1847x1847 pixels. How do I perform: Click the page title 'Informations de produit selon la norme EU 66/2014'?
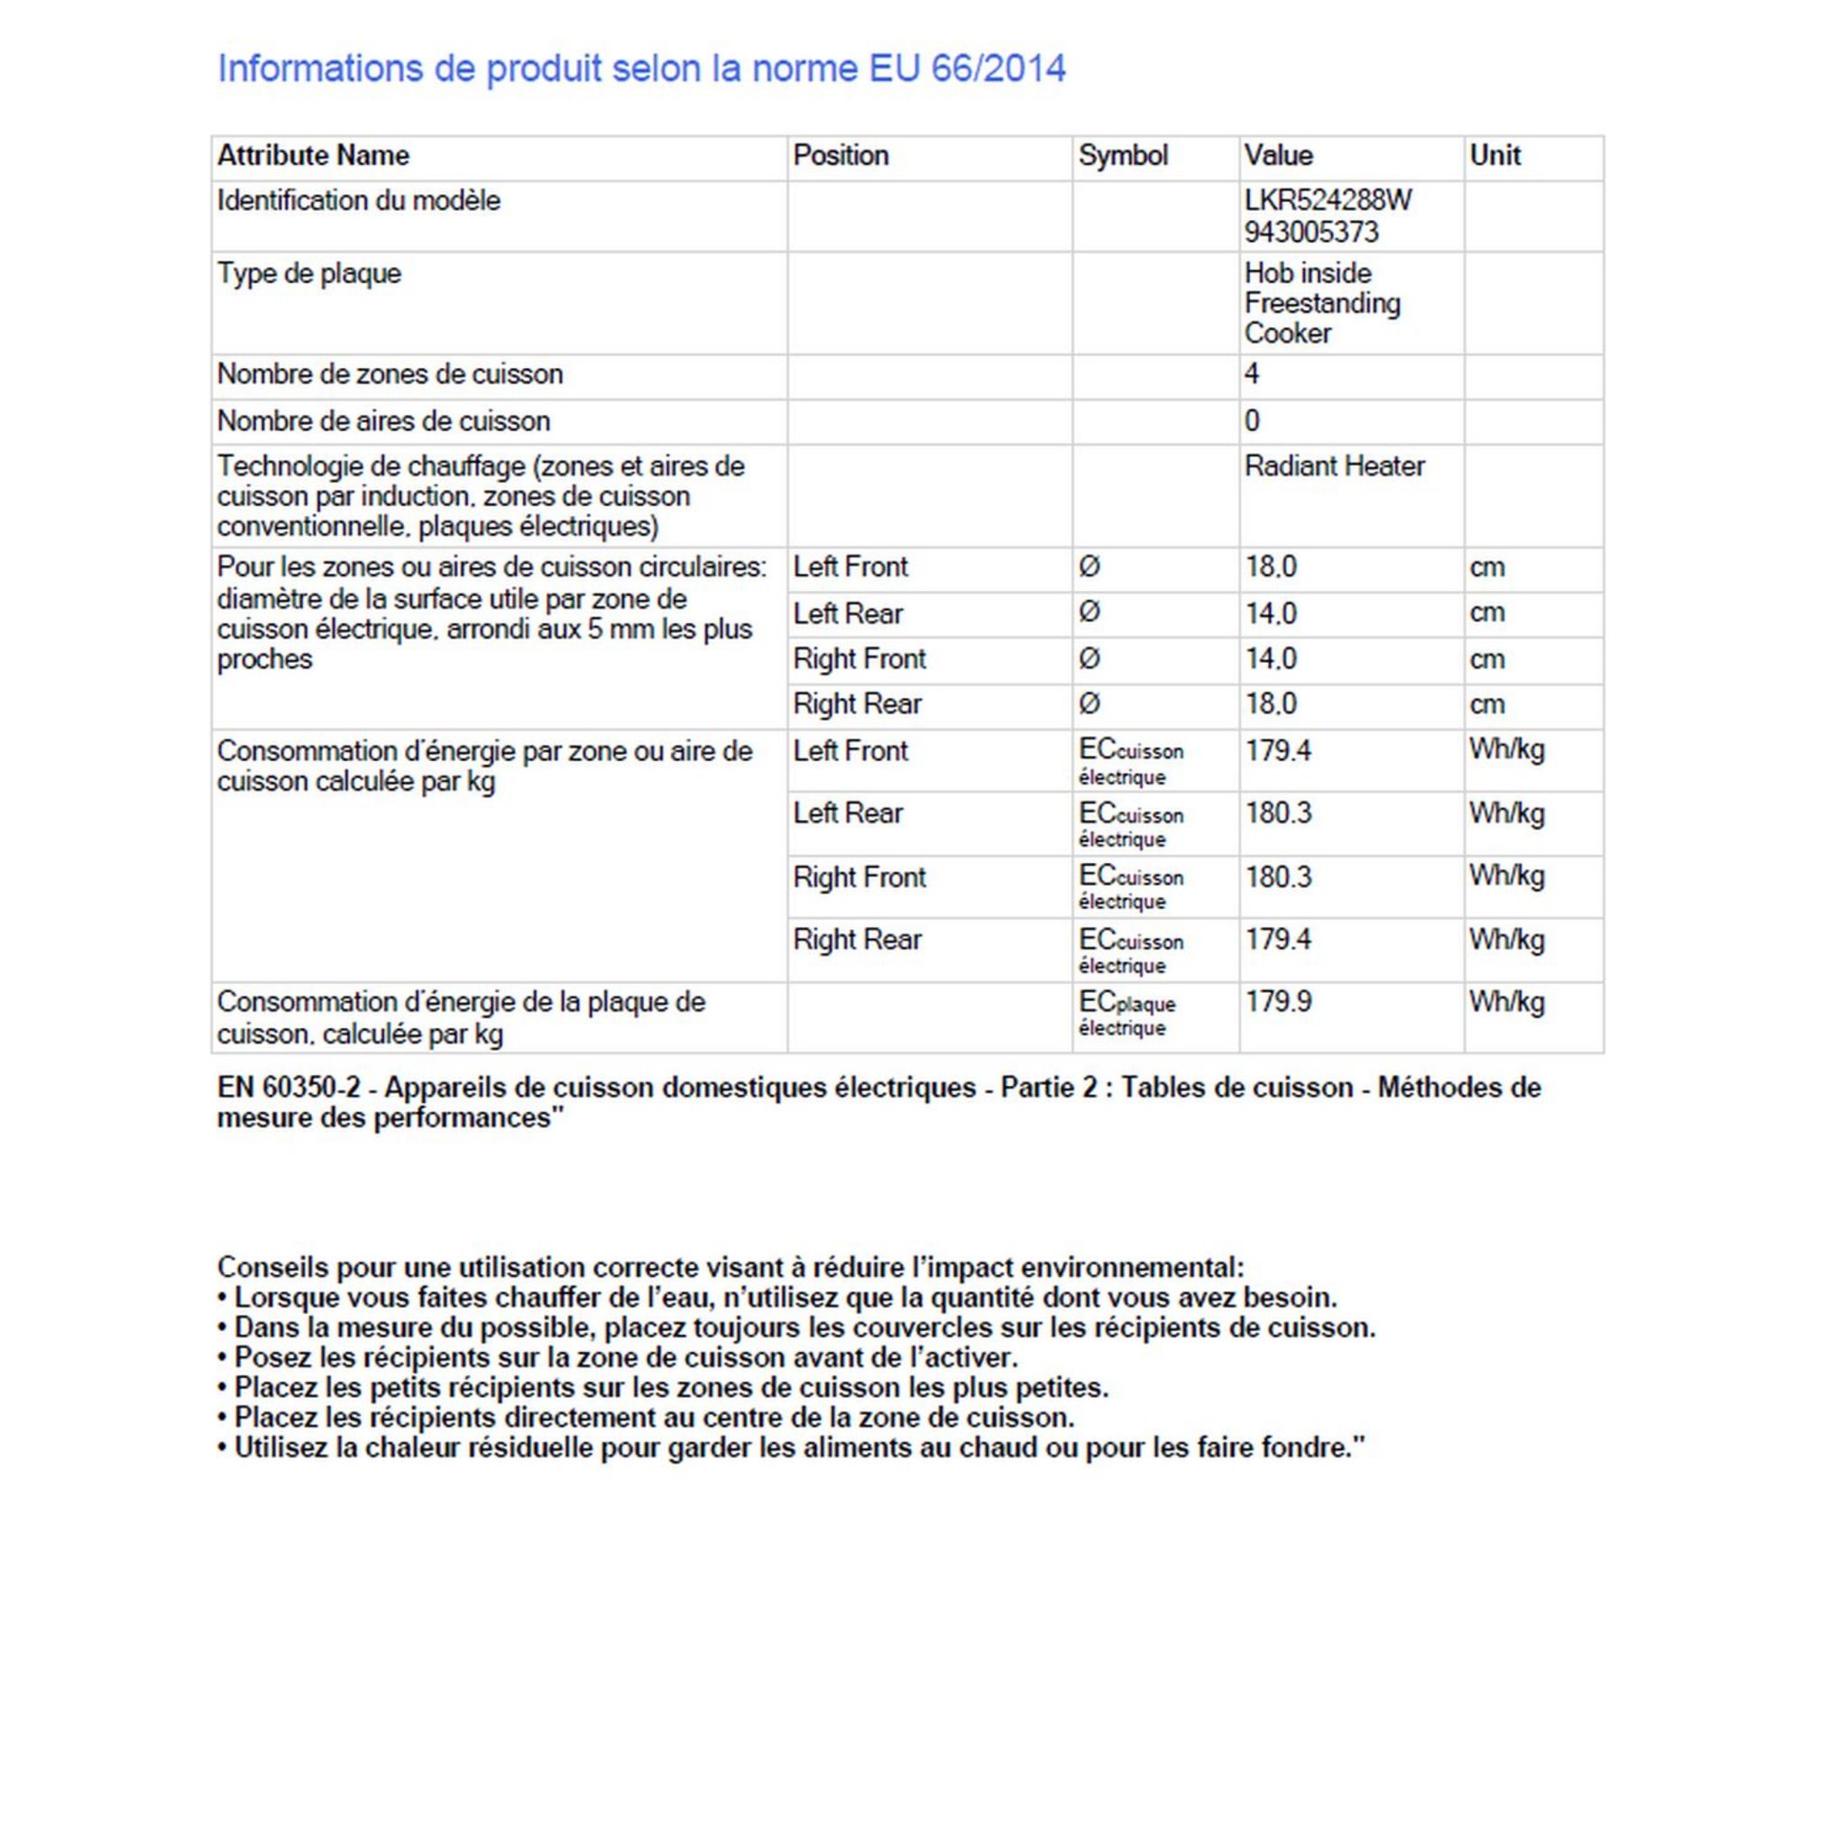(641, 69)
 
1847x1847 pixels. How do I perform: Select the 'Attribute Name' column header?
(313, 155)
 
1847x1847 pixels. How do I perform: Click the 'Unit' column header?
(1494, 155)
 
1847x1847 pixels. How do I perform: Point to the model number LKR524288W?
(1327, 200)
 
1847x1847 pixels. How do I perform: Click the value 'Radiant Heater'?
(1334, 465)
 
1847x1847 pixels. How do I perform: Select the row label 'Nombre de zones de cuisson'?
(389, 373)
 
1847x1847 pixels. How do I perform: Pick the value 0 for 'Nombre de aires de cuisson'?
(1252, 420)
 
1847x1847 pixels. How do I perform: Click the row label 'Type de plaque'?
(308, 273)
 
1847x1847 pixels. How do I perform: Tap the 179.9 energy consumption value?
(1277, 1002)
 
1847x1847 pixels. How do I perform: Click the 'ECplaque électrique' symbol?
(1126, 1014)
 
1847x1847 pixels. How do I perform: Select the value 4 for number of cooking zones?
(1252, 373)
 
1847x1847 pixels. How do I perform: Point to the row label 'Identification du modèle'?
(359, 200)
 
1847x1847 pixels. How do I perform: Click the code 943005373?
(1310, 232)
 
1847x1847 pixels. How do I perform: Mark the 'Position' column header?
(841, 155)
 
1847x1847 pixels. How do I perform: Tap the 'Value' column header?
(1277, 155)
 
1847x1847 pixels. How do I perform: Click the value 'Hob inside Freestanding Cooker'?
(1321, 303)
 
